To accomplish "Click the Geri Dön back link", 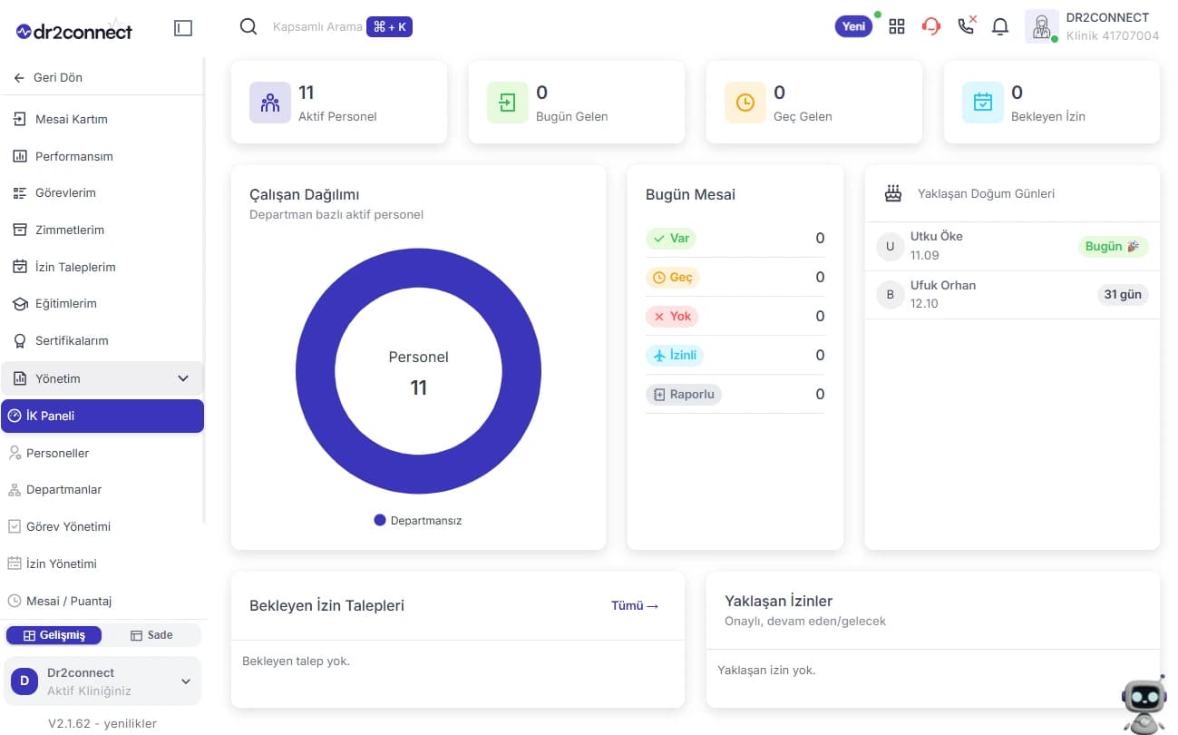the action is [x=48, y=77].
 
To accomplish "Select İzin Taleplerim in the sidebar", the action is [x=63, y=267].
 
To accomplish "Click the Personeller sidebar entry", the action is [x=49, y=453].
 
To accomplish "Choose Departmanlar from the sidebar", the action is [x=54, y=490].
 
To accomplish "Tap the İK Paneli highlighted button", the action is [x=102, y=416].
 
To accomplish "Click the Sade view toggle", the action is [x=151, y=635].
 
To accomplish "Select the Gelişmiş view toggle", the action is [x=54, y=635].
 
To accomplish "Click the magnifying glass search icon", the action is [x=248, y=26].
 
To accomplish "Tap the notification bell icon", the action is [x=999, y=26].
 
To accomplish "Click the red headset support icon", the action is [x=930, y=26].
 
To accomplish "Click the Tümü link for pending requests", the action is [x=635, y=605].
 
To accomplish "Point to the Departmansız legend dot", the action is [x=380, y=520].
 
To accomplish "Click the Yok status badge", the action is [x=672, y=316].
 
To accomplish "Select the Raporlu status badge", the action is [x=684, y=394].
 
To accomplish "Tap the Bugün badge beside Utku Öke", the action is [x=1113, y=246].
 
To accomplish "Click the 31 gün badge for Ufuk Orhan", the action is [x=1123, y=295].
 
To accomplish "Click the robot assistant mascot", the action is [x=1144, y=705].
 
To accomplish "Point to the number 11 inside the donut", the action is [x=419, y=388].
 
